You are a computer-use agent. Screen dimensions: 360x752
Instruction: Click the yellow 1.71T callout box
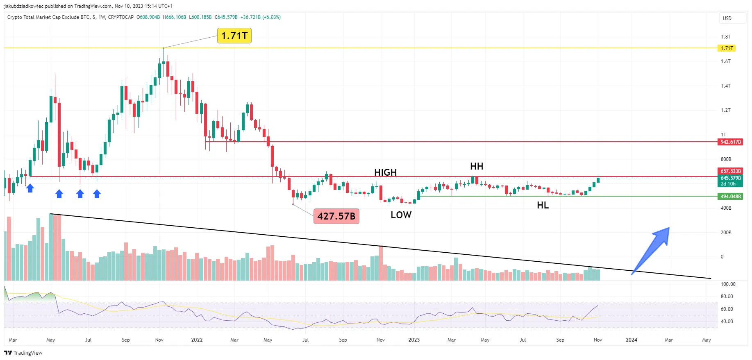click(x=234, y=36)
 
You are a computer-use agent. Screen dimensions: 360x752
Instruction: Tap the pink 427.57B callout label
click(x=336, y=216)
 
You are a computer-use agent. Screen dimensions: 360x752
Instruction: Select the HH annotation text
click(x=477, y=166)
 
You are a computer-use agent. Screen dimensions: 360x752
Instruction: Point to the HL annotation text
click(x=543, y=205)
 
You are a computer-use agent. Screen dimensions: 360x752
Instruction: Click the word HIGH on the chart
click(x=385, y=172)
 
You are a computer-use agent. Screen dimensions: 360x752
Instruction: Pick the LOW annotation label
click(x=401, y=215)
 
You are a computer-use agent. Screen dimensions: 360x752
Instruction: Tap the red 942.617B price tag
click(x=730, y=142)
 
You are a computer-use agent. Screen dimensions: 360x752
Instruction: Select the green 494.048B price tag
click(x=730, y=197)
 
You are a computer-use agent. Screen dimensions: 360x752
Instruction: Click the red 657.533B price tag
click(x=730, y=171)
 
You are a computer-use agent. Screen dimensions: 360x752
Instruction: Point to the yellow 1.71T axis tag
click(x=727, y=48)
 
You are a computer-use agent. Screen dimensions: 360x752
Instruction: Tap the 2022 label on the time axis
click(x=197, y=340)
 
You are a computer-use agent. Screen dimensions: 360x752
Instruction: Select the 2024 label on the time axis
click(x=631, y=340)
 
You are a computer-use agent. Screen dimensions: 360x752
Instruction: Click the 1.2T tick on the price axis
click(x=725, y=110)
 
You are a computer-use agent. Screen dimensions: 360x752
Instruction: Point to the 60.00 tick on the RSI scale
click(x=727, y=309)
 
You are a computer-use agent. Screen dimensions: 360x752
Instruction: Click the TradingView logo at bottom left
click(x=23, y=353)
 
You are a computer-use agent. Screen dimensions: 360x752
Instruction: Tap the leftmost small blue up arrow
click(x=30, y=188)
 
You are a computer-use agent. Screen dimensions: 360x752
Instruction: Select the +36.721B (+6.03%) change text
click(x=261, y=17)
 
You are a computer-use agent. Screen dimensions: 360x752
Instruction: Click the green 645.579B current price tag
click(x=730, y=178)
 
